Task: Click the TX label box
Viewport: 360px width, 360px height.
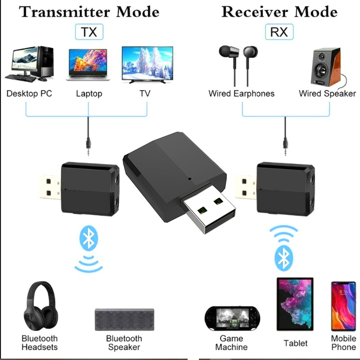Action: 89,32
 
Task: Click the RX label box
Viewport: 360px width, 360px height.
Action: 279,32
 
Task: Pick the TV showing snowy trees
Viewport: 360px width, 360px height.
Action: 147,65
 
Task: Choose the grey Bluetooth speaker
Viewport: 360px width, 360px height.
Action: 124,320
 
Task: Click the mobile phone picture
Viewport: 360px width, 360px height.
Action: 343,306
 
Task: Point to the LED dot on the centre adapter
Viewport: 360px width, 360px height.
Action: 190,180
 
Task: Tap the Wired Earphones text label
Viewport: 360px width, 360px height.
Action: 241,94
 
